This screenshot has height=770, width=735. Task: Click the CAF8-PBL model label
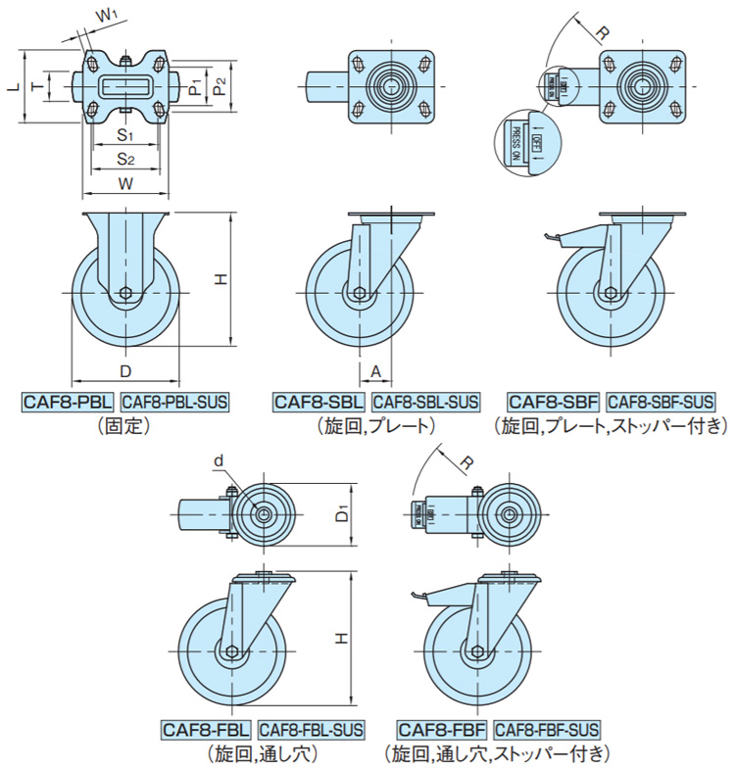pyautogui.click(x=68, y=402)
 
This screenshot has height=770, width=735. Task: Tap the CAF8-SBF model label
pyautogui.click(x=553, y=402)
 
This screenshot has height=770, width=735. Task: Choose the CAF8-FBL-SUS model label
pyautogui.click(x=312, y=730)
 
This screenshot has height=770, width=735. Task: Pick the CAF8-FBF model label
pyautogui.click(x=442, y=730)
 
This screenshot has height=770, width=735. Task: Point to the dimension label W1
pyautogui.click(x=109, y=16)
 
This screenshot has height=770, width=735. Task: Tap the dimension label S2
pyautogui.click(x=125, y=158)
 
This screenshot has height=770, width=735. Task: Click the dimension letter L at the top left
pyautogui.click(x=12, y=87)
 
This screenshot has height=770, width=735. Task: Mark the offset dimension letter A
pyautogui.click(x=376, y=370)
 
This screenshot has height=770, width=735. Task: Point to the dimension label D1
pyautogui.click(x=342, y=512)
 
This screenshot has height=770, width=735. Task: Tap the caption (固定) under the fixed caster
pyautogui.click(x=122, y=426)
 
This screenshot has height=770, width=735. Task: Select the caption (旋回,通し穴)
pyautogui.click(x=262, y=754)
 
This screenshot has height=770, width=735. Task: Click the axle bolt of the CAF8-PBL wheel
pyautogui.click(x=125, y=293)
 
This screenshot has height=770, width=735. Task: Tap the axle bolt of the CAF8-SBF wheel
pyautogui.click(x=611, y=293)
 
